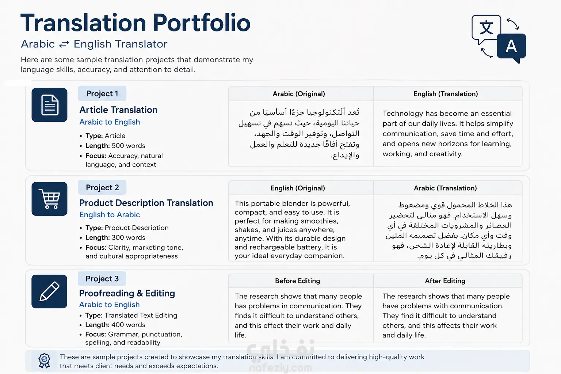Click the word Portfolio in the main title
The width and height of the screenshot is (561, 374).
(202, 23)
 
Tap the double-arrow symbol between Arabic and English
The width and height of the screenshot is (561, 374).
(64, 44)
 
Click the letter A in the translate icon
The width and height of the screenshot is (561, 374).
(511, 46)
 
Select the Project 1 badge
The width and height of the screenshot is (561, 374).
(102, 93)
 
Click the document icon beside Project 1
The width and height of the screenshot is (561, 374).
(50, 105)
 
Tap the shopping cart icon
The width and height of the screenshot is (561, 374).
(50, 199)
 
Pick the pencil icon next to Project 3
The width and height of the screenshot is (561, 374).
(50, 291)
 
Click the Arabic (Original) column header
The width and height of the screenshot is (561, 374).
(299, 94)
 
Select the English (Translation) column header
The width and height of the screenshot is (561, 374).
(446, 94)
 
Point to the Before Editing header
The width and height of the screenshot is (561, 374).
(298, 281)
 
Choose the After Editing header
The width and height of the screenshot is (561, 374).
(445, 281)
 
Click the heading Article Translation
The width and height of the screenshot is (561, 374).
(118, 110)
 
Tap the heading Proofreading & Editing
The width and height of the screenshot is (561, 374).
(127, 293)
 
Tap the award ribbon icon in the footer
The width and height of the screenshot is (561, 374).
(44, 361)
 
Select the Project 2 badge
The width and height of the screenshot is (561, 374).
(102, 187)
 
